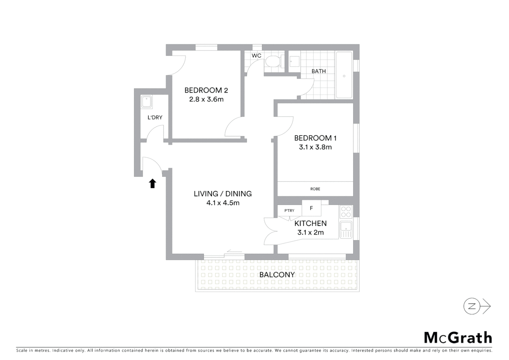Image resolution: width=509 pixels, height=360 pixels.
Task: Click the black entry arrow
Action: [153, 183]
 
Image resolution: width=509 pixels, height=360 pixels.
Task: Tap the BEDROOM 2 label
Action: [206, 90]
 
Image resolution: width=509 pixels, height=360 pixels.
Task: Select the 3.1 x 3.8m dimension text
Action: [315, 147]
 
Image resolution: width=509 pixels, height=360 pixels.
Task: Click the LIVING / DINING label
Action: [223, 194]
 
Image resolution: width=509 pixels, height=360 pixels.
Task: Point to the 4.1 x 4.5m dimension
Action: [223, 203]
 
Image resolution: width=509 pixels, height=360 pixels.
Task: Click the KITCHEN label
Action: [310, 223]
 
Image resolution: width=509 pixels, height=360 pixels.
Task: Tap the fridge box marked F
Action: [311, 208]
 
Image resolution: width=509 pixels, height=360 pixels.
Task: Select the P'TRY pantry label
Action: [289, 211]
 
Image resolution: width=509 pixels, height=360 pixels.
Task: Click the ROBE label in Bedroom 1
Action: [315, 189]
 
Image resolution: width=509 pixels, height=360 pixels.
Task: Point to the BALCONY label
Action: [277, 275]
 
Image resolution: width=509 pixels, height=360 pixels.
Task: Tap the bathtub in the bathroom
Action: [344, 75]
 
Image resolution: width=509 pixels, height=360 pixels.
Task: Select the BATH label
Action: [318, 71]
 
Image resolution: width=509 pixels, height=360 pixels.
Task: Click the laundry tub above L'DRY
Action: [147, 102]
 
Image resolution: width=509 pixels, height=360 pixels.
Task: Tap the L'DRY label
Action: [155, 117]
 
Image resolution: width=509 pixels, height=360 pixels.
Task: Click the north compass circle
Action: [472, 306]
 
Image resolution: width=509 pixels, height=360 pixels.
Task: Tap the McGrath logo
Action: [458, 337]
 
